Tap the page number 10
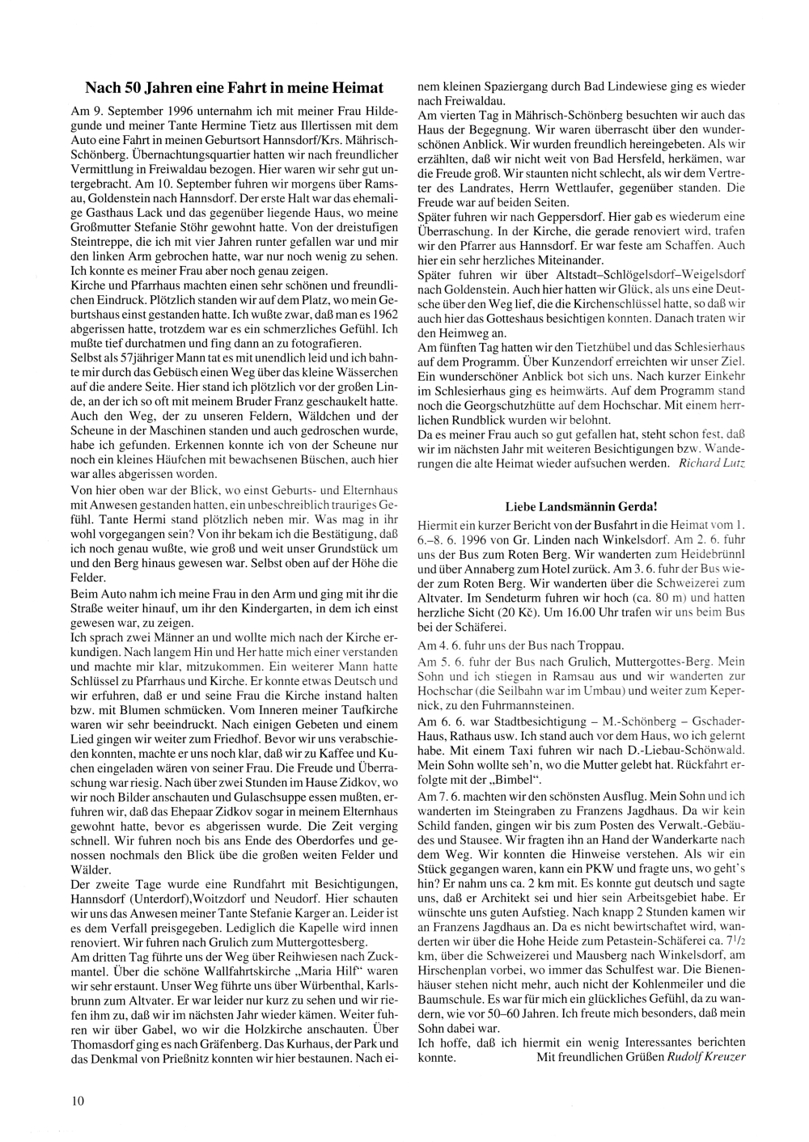(x=78, y=1100)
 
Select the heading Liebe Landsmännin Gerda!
(x=581, y=506)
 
